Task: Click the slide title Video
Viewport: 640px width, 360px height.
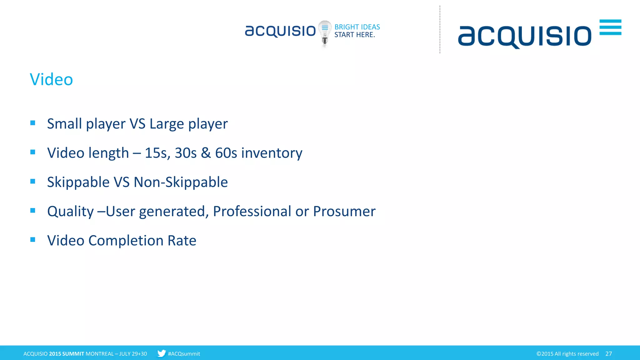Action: [x=51, y=79]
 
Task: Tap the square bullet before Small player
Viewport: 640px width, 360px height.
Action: [x=33, y=123]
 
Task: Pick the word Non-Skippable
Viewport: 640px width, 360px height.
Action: [x=181, y=182]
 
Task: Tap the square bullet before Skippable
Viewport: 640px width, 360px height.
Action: [x=33, y=182]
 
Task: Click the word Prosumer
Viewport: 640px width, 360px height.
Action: [x=344, y=212]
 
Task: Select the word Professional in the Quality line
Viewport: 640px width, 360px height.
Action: [x=252, y=212]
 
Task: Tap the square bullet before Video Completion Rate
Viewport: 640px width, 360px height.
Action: [x=33, y=240]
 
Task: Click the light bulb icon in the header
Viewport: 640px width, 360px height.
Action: [x=325, y=32]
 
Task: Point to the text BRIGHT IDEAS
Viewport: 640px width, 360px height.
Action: [x=357, y=27]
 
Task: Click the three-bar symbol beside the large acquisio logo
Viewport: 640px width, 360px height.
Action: [x=610, y=27]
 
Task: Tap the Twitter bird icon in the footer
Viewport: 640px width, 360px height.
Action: [x=162, y=353]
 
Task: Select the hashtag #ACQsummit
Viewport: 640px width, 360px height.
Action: [x=184, y=354]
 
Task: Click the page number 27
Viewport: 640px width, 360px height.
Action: [x=608, y=354]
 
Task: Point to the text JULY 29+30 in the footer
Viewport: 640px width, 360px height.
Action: [x=133, y=354]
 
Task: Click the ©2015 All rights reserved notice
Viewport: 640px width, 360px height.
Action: [x=567, y=354]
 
